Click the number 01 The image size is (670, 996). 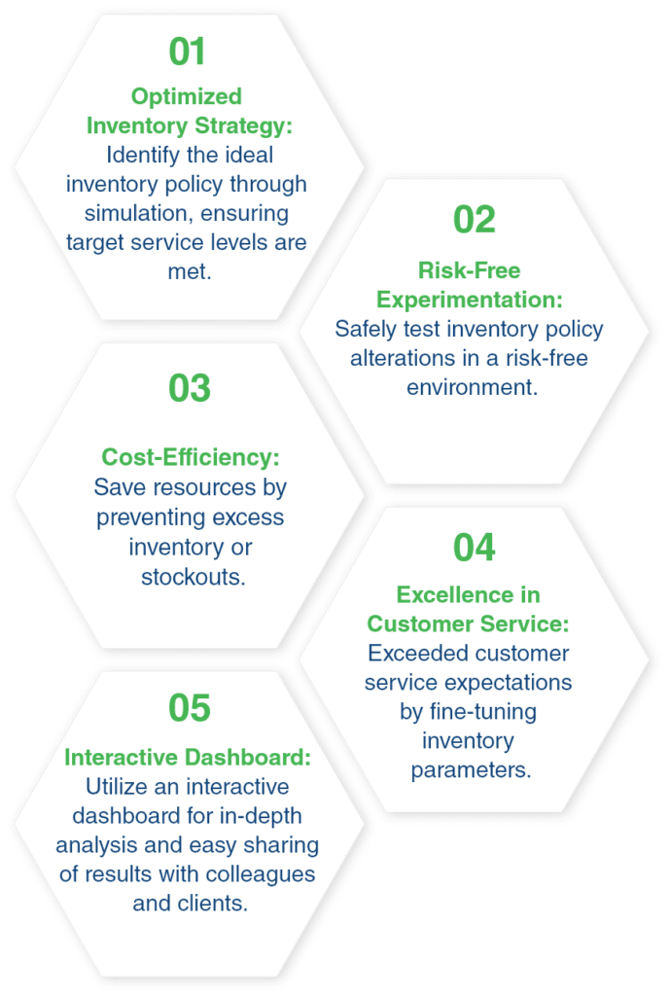pyautogui.click(x=187, y=52)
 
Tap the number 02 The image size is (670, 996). pyautogui.click(x=474, y=220)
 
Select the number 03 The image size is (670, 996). pyautogui.click(x=190, y=388)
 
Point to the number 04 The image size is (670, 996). pyautogui.click(x=474, y=548)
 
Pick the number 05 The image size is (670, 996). pyautogui.click(x=190, y=708)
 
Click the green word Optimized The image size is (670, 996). pyautogui.click(x=187, y=97)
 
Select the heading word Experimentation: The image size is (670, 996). pyautogui.click(x=470, y=300)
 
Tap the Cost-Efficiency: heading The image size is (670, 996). pyautogui.click(x=191, y=457)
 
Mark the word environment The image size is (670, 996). pyautogui.click(x=472, y=387)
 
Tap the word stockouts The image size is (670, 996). pyautogui.click(x=194, y=577)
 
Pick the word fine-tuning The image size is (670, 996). pyautogui.click(x=483, y=712)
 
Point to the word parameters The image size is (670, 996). pyautogui.click(x=471, y=770)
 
